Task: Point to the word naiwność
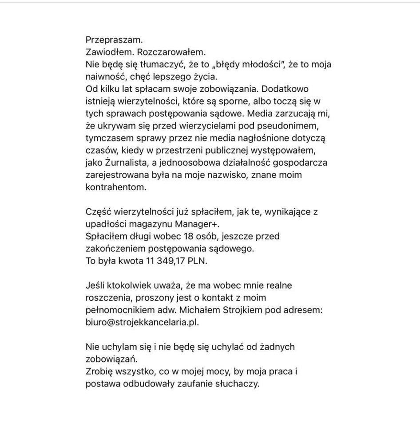coord(103,77)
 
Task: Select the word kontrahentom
coord(116,187)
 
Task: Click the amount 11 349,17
coord(164,261)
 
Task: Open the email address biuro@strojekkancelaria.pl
coord(142,322)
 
